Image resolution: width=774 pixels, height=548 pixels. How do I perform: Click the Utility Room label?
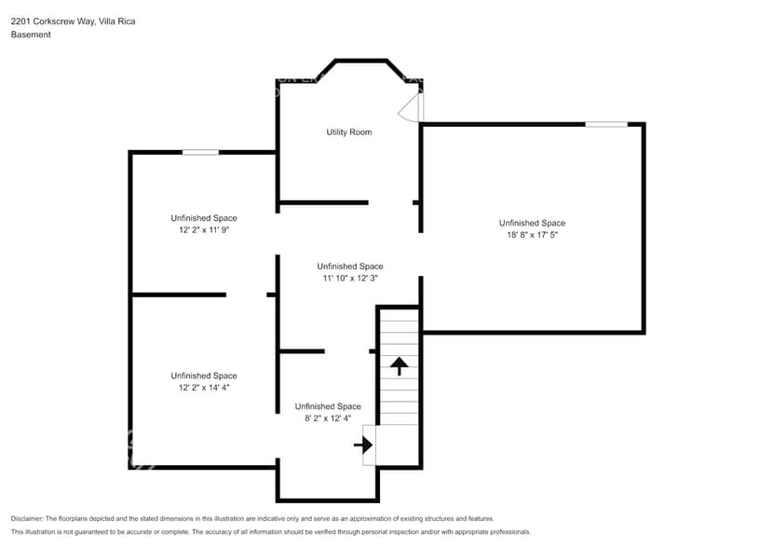coord(348,132)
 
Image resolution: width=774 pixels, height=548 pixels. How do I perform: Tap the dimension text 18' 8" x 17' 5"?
coord(532,236)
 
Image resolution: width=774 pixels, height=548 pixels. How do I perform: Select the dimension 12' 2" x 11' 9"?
coord(203,229)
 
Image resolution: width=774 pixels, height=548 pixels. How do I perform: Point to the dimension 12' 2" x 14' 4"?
coord(203,387)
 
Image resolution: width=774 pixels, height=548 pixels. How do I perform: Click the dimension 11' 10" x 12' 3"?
coord(349,278)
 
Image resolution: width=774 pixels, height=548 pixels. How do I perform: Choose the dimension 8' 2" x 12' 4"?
coord(327,418)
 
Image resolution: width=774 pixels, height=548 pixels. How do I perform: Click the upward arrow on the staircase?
coord(400,364)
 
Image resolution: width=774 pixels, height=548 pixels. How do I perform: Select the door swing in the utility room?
coord(411,109)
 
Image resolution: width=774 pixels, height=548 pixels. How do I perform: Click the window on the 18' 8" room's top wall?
coord(605,124)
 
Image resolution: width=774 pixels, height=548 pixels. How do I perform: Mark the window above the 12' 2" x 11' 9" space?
coord(200,152)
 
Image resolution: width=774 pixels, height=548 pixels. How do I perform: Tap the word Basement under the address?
coord(31,34)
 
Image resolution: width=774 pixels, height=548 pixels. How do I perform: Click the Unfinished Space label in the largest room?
coord(532,223)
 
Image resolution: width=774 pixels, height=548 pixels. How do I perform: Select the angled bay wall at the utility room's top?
coord(360,62)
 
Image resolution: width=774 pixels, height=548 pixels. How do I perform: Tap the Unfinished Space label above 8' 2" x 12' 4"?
coord(327,406)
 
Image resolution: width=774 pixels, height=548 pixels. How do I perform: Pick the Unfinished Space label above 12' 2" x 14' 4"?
coord(203,376)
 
